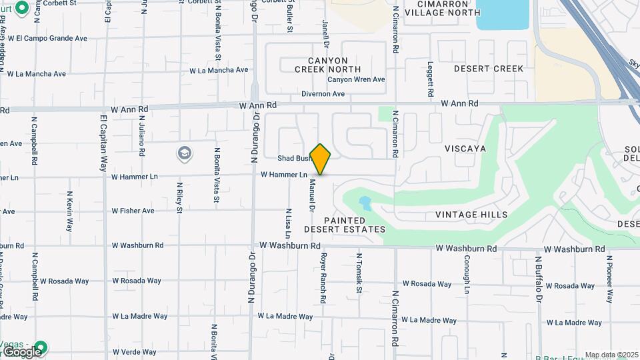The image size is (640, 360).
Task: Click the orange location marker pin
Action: point(321,159)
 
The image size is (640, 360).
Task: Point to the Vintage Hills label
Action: point(471,215)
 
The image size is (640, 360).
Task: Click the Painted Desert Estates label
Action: point(345,225)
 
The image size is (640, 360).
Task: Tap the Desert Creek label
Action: point(489,69)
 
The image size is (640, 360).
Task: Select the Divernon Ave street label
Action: point(323,94)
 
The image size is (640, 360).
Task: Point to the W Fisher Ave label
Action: point(133,211)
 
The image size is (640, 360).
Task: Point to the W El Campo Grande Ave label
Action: point(47,39)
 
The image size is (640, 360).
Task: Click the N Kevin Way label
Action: point(69,211)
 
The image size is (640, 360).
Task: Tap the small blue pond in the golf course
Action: point(365,201)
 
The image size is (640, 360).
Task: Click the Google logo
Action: point(21,352)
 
